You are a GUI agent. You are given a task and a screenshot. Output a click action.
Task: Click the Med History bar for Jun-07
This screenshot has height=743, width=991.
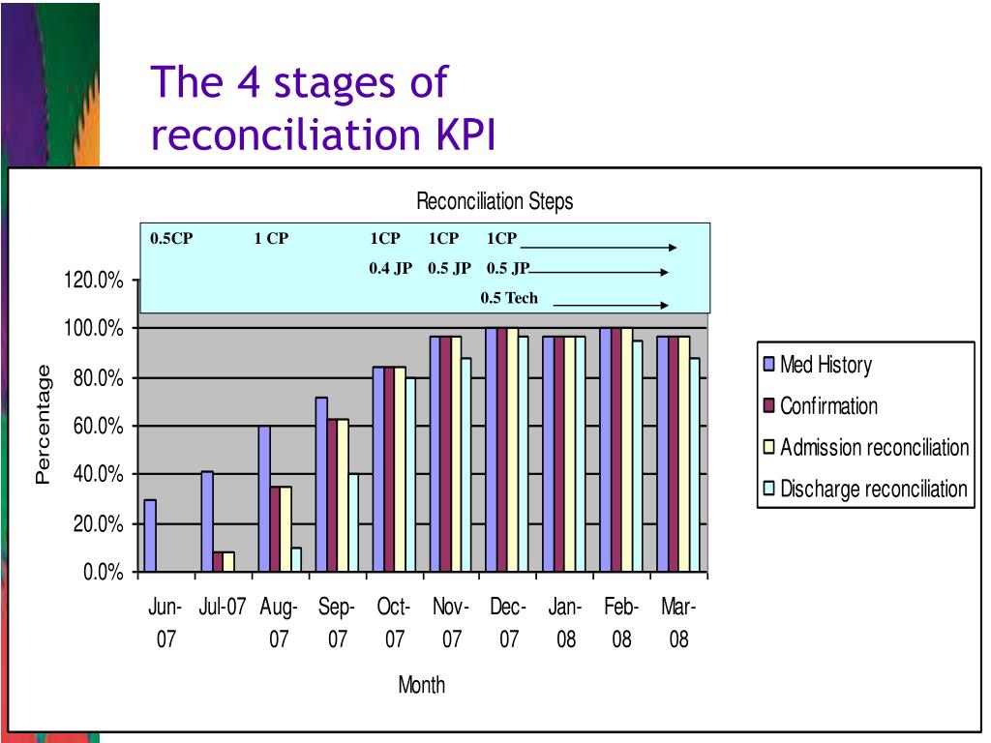click(149, 536)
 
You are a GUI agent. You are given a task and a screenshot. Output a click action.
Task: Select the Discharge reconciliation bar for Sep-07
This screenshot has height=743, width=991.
click(353, 523)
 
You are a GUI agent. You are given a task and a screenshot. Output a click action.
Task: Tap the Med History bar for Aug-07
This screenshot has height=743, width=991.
click(264, 499)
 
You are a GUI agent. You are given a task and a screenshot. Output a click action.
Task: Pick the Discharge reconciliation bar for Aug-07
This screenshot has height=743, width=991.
click(296, 560)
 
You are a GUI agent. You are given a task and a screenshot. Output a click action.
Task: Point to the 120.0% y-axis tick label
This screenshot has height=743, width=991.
click(94, 281)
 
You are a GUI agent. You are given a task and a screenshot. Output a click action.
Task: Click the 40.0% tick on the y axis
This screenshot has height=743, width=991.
click(97, 475)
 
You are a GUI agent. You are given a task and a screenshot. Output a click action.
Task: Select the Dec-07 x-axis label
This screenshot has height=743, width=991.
click(508, 623)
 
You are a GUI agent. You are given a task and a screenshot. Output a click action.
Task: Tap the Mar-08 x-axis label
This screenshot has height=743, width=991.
click(678, 623)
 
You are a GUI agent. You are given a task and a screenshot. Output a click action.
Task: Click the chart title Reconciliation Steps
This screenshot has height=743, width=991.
click(495, 201)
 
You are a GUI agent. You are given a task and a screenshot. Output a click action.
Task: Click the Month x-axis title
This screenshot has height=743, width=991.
click(422, 685)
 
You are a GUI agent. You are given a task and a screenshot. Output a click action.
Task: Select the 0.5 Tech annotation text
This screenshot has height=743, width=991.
click(509, 298)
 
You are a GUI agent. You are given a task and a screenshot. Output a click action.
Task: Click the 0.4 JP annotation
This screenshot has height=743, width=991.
click(390, 269)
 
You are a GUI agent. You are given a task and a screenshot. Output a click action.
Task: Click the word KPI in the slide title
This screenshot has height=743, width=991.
click(460, 136)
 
